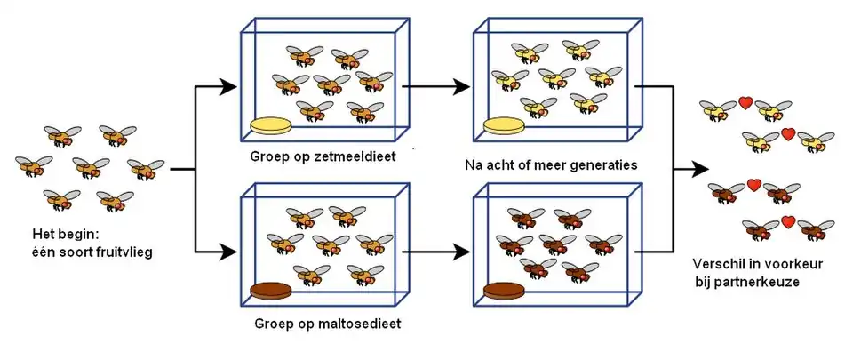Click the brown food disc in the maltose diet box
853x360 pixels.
coord(275,291)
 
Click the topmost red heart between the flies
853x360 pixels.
coord(746,103)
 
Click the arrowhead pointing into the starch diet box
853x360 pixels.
coord(230,87)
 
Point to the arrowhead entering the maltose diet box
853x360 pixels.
coord(230,252)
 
